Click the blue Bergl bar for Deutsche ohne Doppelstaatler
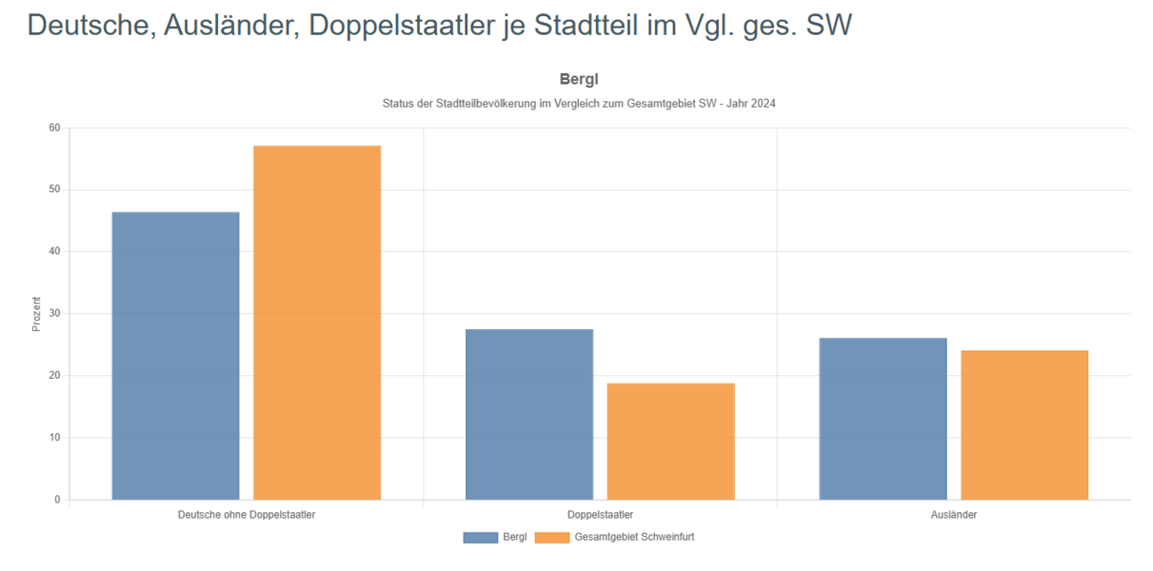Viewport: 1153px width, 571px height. point(175,356)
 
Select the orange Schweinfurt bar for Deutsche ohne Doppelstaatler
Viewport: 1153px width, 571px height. point(317,322)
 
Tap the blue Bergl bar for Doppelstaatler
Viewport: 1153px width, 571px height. point(529,414)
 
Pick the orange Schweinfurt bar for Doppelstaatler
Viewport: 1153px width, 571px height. point(671,441)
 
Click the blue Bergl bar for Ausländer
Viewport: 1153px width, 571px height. point(883,418)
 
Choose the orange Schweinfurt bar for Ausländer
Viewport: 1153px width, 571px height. point(1024,424)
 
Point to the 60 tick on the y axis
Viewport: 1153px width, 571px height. point(55,128)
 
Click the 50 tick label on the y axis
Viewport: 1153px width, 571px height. point(55,189)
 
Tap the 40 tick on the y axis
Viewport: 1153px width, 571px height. point(55,252)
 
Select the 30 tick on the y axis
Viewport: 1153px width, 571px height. point(55,314)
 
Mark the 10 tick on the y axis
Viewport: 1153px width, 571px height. point(55,438)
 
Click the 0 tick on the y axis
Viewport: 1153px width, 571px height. point(58,500)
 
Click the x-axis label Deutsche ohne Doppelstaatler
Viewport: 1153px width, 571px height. point(246,515)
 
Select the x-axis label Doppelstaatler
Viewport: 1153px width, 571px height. point(600,515)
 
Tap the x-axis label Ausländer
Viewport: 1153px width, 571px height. point(953,515)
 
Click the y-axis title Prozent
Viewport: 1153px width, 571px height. point(36,314)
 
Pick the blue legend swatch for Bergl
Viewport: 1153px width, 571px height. point(480,537)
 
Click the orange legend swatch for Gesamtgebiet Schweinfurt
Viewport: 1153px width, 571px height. point(552,537)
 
